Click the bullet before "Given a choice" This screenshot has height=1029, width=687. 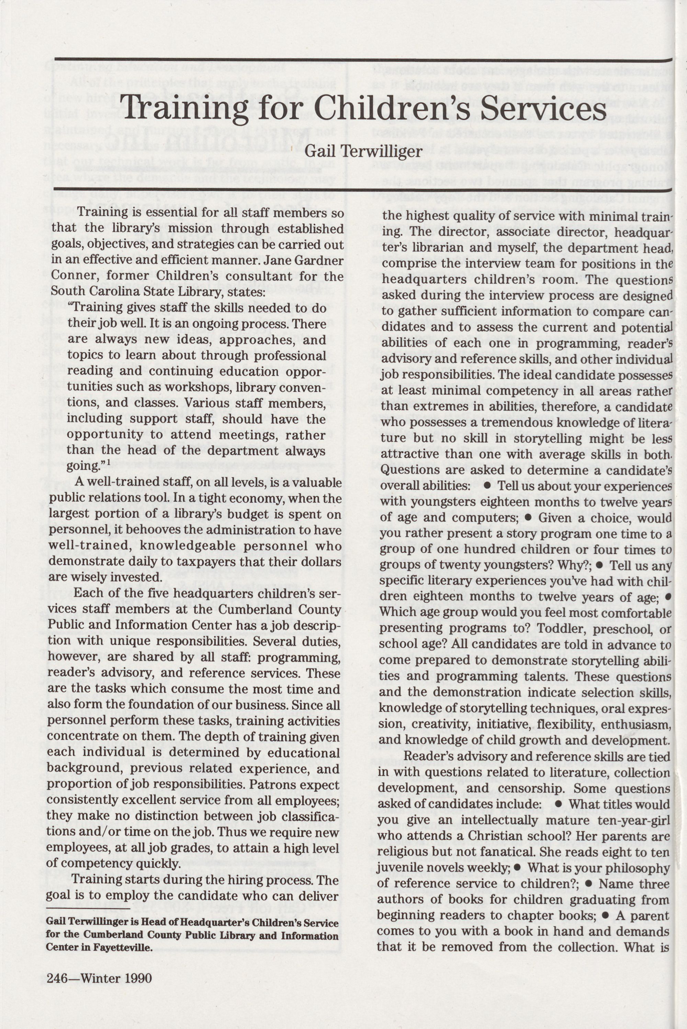[x=528, y=517]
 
